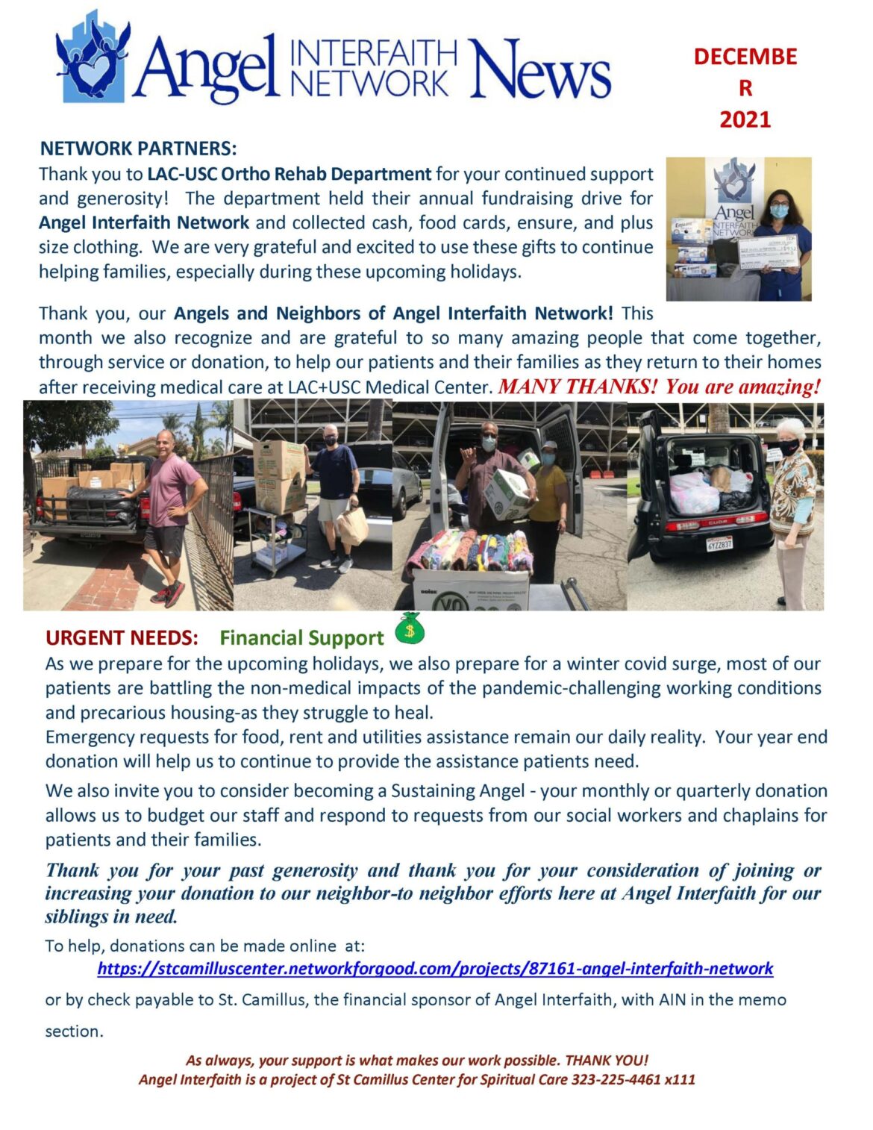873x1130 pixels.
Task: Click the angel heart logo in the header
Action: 92,58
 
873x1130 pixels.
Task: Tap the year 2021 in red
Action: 745,119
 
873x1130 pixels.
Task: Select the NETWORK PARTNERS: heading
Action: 138,148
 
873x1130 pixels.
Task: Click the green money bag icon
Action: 409,628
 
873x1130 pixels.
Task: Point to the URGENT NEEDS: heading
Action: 122,638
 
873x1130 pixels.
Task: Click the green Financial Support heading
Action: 301,638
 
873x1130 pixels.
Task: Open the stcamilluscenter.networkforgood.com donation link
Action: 435,969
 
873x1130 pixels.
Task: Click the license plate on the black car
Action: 719,543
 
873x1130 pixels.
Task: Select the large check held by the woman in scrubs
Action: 767,249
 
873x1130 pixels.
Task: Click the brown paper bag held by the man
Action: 351,525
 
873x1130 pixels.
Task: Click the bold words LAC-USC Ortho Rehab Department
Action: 289,174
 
